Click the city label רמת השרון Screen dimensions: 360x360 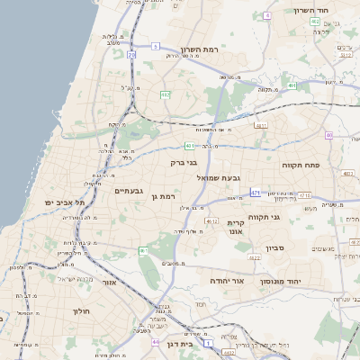[x=199, y=49]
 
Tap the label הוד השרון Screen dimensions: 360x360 [x=311, y=11]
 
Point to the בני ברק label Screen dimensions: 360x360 [x=184, y=163]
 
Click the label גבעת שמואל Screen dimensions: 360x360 [x=218, y=178]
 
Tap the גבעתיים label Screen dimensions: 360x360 [x=129, y=191]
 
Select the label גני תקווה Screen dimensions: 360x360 [x=288, y=217]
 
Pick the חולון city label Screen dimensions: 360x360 [x=80, y=310]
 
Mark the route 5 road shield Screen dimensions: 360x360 [x=155, y=46]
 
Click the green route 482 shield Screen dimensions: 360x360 [x=165, y=94]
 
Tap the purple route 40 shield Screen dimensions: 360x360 [x=329, y=135]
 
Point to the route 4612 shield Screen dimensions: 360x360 [x=212, y=220]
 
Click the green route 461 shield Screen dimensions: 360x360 [x=142, y=249]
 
